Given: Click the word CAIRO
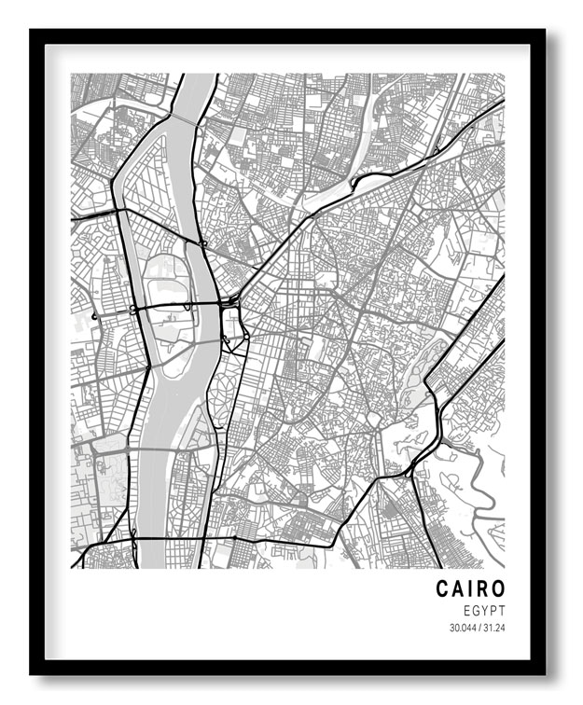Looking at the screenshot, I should coord(470,588).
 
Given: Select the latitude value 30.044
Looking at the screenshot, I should coord(463,627).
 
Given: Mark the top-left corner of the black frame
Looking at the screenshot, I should coord(32,31).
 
